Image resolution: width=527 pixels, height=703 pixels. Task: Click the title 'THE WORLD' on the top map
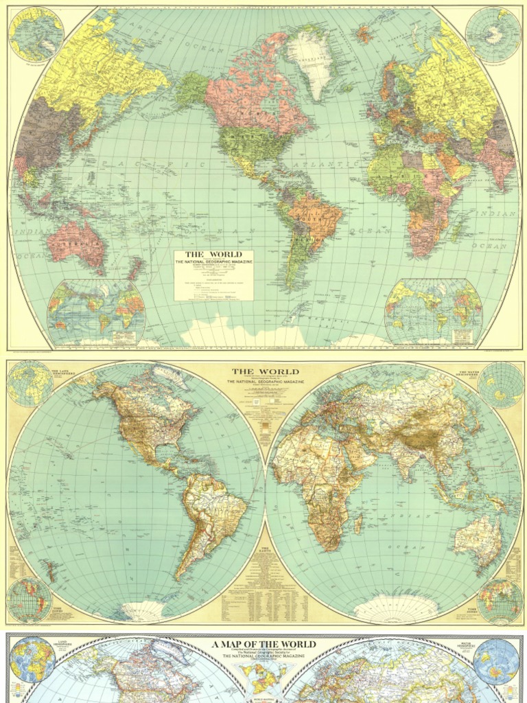tap(213, 255)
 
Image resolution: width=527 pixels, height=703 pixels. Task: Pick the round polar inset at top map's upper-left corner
tap(36, 33)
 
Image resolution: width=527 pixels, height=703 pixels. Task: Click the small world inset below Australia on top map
tap(96, 312)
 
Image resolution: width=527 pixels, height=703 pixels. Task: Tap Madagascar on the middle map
tap(358, 525)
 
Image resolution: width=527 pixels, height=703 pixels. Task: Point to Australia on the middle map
tap(478, 540)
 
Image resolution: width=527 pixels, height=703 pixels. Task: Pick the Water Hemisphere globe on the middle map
tap(500, 385)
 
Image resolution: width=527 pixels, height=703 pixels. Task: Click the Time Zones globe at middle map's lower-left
tap(29, 599)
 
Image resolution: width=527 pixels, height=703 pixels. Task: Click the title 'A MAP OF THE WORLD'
tap(264, 645)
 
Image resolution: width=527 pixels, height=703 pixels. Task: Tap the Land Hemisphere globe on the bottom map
tap(32, 660)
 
